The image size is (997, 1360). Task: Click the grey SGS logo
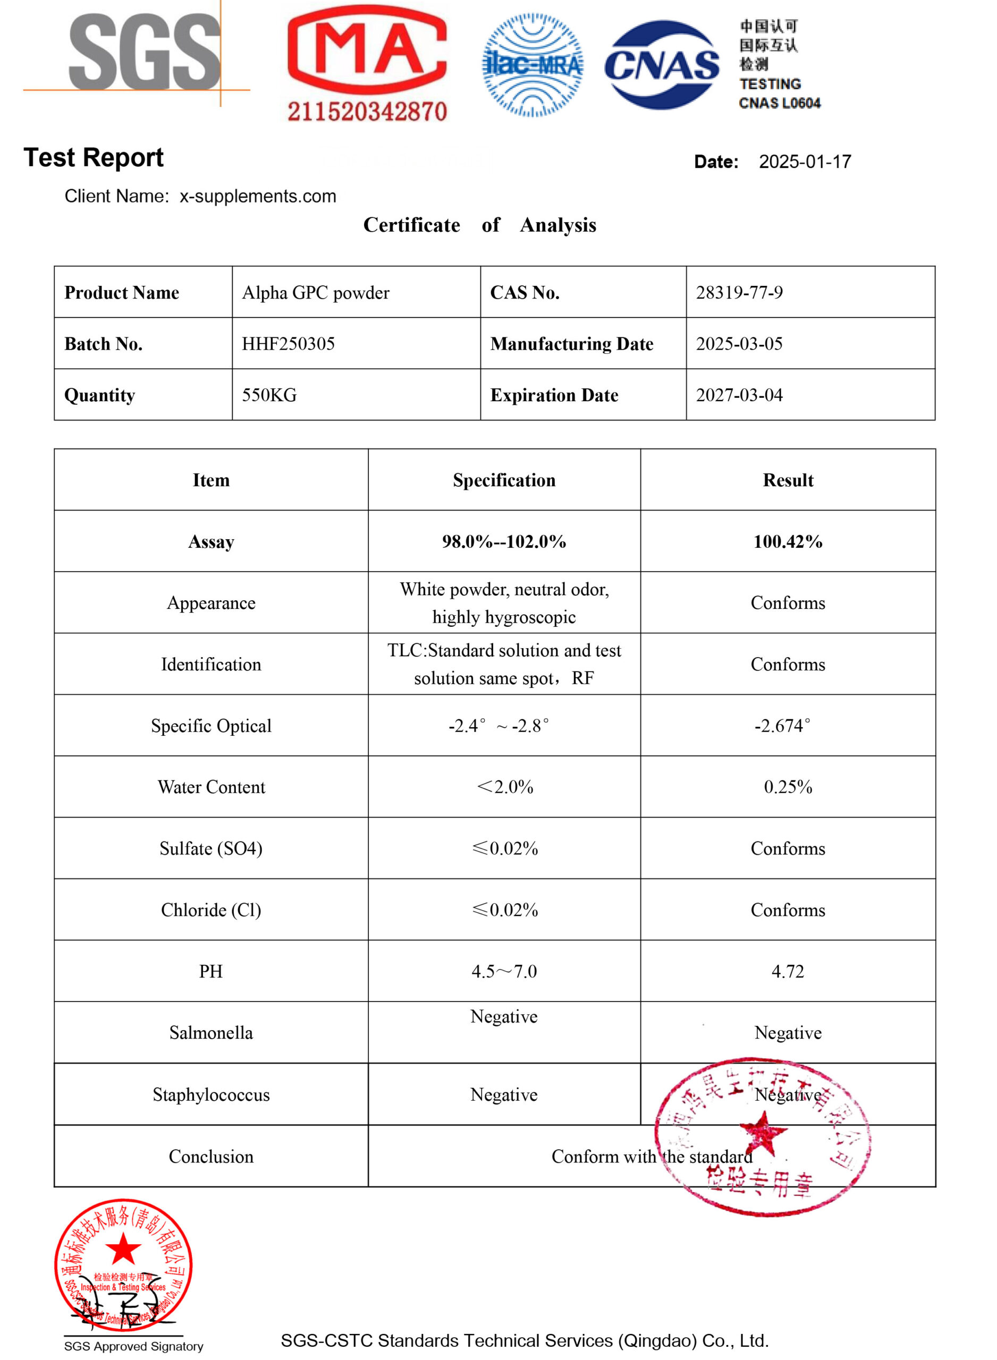pyautogui.click(x=145, y=53)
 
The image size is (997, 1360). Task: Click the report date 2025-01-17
pyautogui.click(x=805, y=161)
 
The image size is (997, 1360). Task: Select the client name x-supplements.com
pyautogui.click(x=258, y=196)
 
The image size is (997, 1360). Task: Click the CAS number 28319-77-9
pyautogui.click(x=739, y=293)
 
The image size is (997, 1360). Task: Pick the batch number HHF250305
pyautogui.click(x=288, y=344)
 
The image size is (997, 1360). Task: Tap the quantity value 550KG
pyautogui.click(x=269, y=395)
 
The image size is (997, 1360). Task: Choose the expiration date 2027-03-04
pyautogui.click(x=739, y=395)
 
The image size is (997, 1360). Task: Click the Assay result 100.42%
pyautogui.click(x=788, y=541)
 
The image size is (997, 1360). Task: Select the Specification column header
pyautogui.click(x=504, y=480)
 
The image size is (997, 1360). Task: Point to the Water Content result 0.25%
pyautogui.click(x=788, y=786)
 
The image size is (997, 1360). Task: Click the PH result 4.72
pyautogui.click(x=788, y=971)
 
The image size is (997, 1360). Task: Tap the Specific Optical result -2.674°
pyautogui.click(x=782, y=726)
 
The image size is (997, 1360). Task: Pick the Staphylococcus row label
pyautogui.click(x=211, y=1094)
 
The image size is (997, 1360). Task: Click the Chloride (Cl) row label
pyautogui.click(x=211, y=909)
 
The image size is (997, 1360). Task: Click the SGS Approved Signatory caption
pyautogui.click(x=133, y=1346)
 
